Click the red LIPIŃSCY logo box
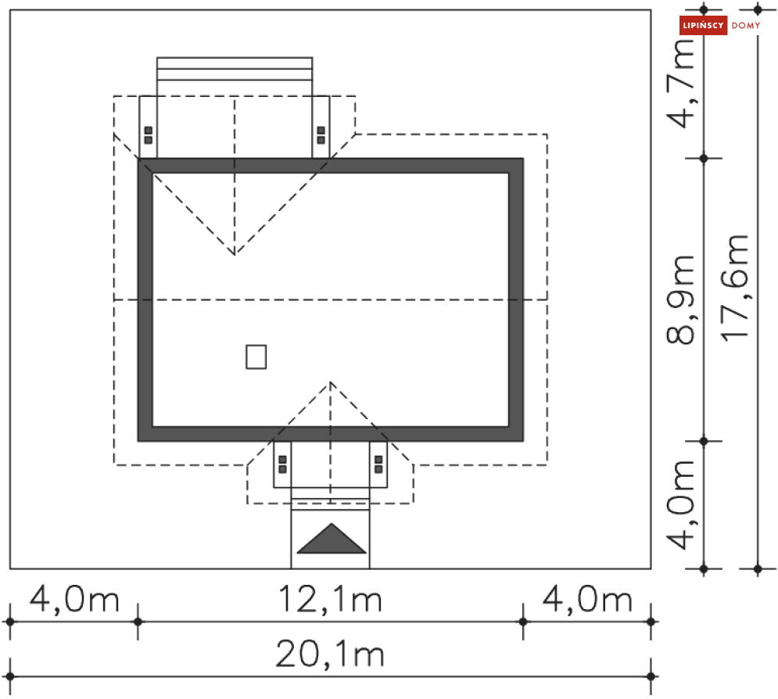pyautogui.click(x=703, y=25)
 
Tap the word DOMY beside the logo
pyautogui.click(x=746, y=25)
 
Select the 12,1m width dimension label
pyautogui.click(x=331, y=599)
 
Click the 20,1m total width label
pyautogui.click(x=331, y=654)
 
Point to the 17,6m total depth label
pyautogui.click(x=734, y=289)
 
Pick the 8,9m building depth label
pyautogui.click(x=680, y=300)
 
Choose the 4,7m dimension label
pyautogui.click(x=680, y=84)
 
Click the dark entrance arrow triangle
pyautogui.click(x=331, y=538)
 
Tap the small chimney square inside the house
pyautogui.click(x=256, y=357)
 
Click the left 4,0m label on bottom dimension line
pyautogui.click(x=74, y=599)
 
